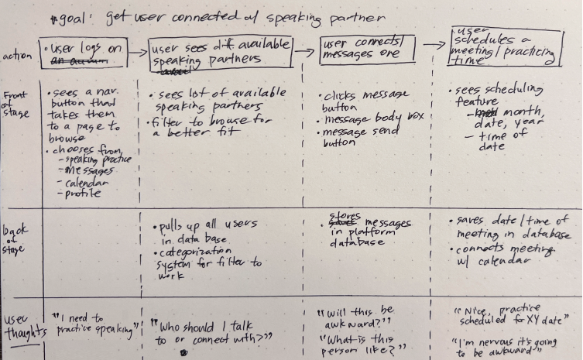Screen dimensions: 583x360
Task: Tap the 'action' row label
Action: [17, 57]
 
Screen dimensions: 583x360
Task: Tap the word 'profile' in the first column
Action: [84, 194]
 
